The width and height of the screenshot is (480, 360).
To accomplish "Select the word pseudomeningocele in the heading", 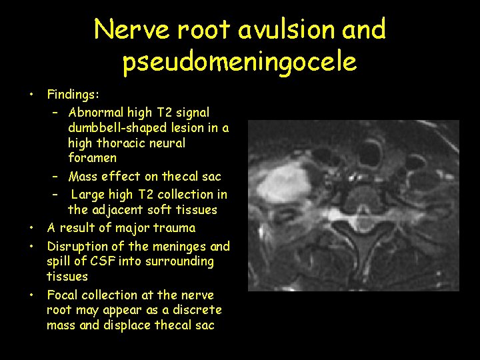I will tap(239, 62).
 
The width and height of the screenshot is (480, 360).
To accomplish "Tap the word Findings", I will tap(73, 95).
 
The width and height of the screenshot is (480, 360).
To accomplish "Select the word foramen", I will tap(92, 158).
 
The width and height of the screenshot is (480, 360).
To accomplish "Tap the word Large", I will tap(89, 195).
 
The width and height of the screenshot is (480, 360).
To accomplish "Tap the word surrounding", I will tap(181, 261).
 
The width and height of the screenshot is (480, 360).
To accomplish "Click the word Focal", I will tap(63, 295).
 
